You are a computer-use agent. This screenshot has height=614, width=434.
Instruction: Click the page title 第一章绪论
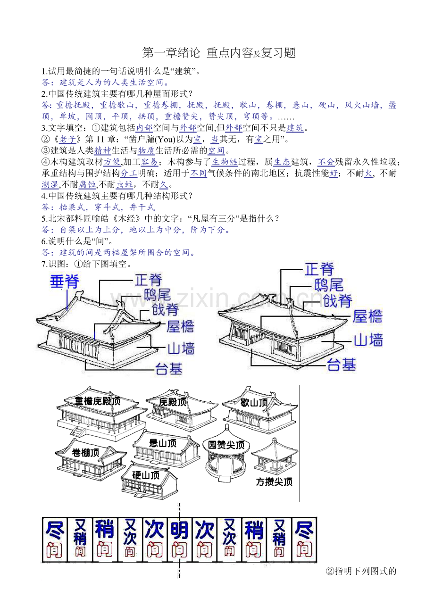(171, 53)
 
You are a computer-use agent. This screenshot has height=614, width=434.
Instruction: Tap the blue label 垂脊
(65, 282)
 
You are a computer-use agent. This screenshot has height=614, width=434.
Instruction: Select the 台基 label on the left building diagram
(168, 369)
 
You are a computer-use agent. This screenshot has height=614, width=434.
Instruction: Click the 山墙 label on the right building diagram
(368, 340)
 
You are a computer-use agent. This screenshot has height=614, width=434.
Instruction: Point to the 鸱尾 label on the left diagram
(158, 295)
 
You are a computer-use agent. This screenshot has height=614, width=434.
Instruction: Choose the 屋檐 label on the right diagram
(367, 316)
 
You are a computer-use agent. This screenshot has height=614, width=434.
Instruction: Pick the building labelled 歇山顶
(259, 408)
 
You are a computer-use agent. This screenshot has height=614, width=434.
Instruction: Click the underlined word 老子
(67, 139)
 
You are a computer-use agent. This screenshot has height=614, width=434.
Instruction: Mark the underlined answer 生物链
(225, 162)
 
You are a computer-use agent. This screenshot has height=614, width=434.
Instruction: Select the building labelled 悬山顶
(166, 448)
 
